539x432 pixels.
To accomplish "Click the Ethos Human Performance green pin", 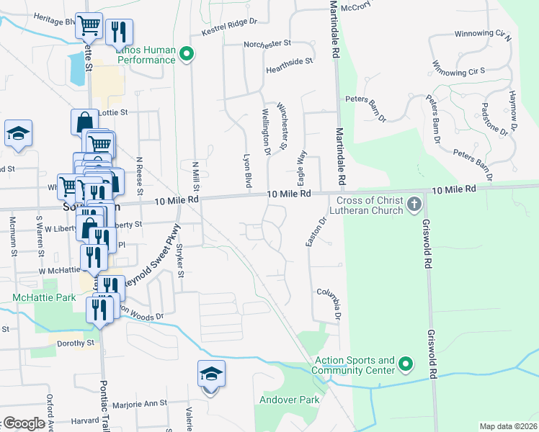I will point(187,54).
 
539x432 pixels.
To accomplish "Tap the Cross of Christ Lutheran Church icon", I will point(414,204).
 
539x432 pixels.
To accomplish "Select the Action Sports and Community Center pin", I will point(405,365).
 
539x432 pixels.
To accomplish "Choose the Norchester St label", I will point(267,43).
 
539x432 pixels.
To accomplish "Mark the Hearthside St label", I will point(289,62).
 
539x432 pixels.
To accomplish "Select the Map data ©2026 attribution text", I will point(508,426).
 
